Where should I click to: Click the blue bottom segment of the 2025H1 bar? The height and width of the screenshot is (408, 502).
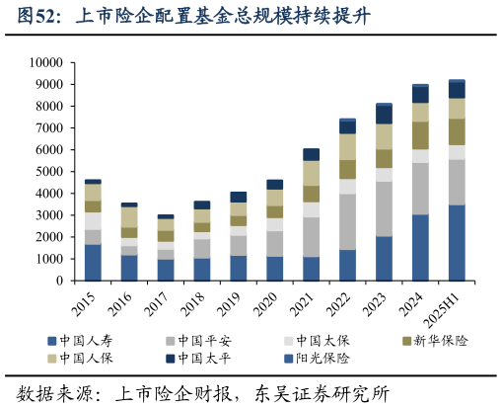[x=457, y=242]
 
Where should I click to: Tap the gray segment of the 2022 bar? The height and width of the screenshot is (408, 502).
[x=347, y=222]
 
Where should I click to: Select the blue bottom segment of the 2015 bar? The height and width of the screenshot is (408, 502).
[x=93, y=262]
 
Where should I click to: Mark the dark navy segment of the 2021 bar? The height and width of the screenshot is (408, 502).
[x=311, y=154]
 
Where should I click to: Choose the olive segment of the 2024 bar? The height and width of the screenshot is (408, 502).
[x=420, y=134]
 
